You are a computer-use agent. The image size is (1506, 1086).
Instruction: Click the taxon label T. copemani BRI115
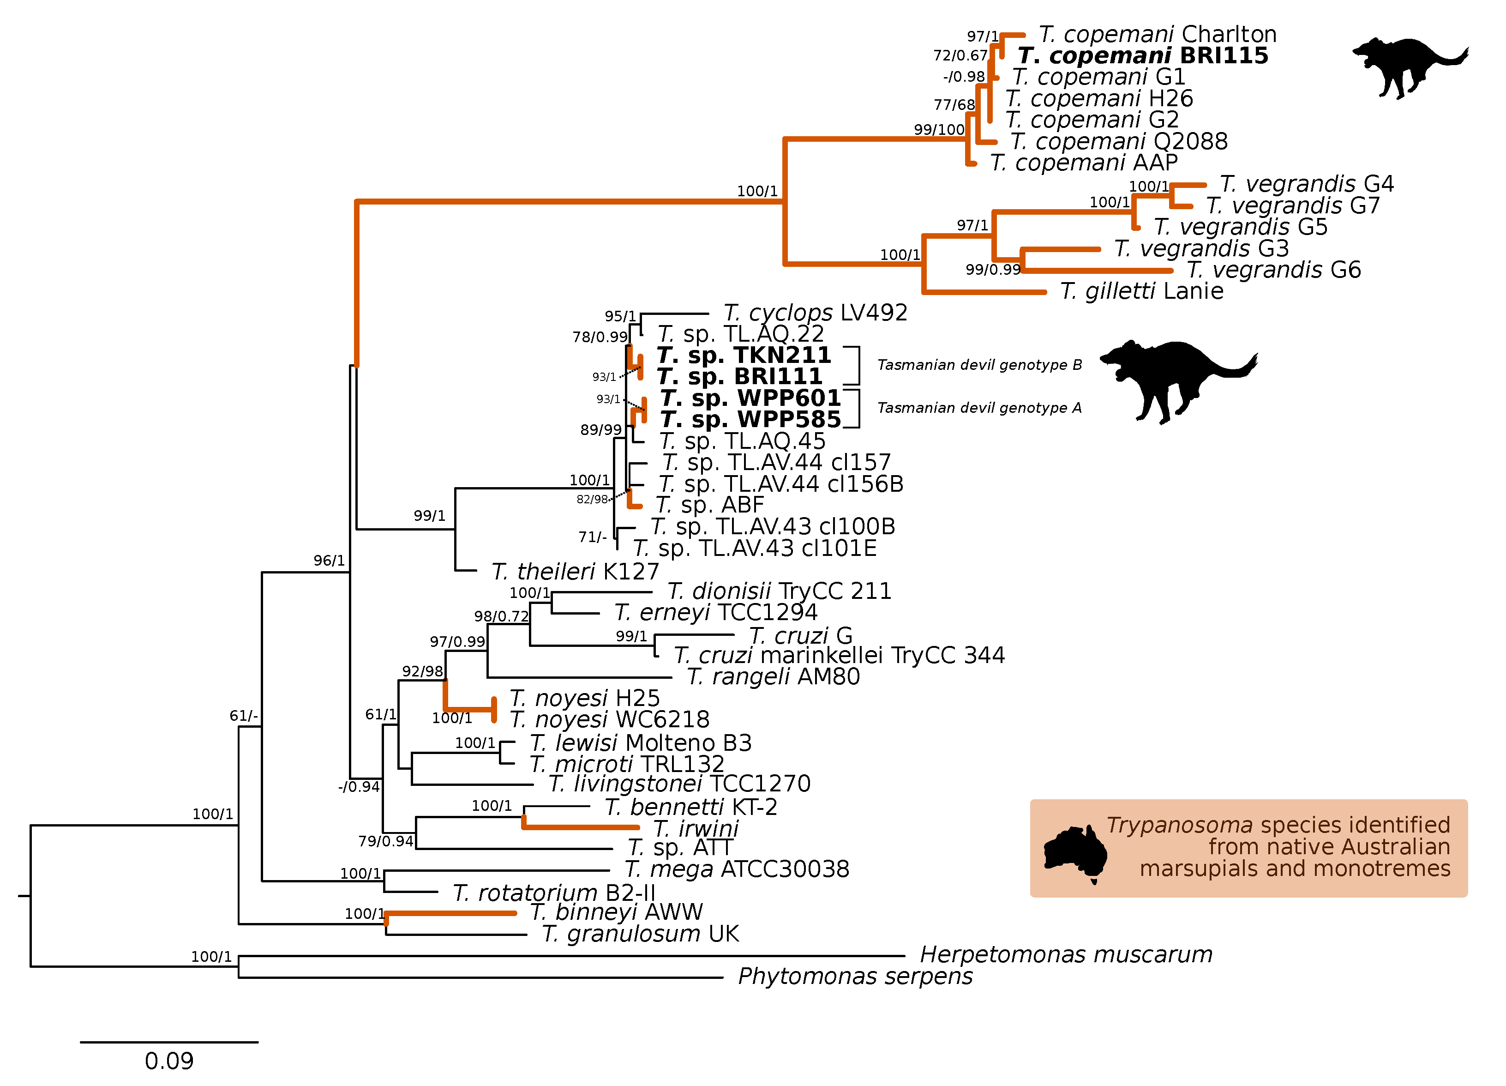pos(1142,56)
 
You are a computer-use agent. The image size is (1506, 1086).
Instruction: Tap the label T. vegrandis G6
pos(1273,270)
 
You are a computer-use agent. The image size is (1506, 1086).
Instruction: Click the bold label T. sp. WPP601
pos(750,398)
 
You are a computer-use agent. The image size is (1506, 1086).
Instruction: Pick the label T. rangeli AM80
pos(773,677)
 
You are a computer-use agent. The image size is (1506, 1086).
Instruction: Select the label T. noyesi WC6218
pos(609,719)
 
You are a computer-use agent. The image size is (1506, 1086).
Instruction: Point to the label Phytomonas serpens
pos(855,977)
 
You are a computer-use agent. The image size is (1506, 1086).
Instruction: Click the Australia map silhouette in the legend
pos(1074,853)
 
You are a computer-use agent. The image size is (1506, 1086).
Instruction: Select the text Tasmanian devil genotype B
pos(979,365)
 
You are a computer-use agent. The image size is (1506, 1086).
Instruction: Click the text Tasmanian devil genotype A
pos(979,408)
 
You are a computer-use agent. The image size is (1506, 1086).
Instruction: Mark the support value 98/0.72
pos(501,617)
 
